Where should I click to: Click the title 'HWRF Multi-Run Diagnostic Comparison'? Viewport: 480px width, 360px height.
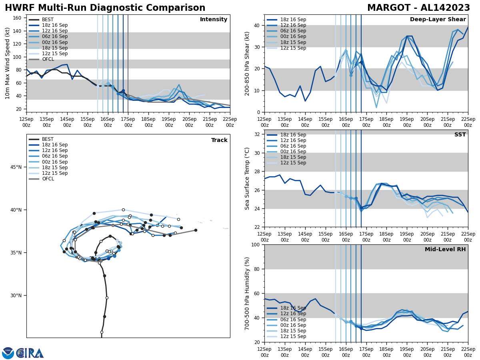click(x=105, y=8)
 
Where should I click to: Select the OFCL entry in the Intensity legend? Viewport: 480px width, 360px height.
click(x=48, y=59)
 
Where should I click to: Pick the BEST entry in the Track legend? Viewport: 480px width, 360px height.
click(x=48, y=139)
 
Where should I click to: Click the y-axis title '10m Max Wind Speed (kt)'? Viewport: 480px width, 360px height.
click(x=8, y=63)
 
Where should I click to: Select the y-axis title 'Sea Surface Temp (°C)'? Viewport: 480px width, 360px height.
click(x=247, y=178)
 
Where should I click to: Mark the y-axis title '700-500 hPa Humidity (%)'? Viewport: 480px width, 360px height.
click(x=247, y=293)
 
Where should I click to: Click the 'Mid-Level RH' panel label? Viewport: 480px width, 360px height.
click(x=445, y=250)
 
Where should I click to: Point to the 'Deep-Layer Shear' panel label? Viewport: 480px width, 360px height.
click(x=438, y=20)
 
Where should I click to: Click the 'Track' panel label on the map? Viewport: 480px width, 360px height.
click(x=219, y=140)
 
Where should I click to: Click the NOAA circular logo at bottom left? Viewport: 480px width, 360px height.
click(x=8, y=353)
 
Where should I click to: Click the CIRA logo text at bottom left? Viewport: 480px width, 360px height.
click(x=30, y=353)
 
